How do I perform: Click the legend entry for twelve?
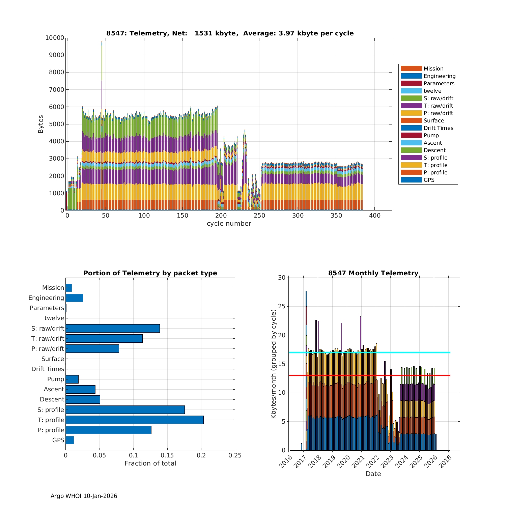432,91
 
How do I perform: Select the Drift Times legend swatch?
411,128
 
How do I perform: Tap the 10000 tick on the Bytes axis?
55,38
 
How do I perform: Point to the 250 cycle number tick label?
259,216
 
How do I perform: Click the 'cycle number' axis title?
229,224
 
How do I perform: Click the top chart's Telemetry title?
230,33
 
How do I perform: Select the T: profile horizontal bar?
135,420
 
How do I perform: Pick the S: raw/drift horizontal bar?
113,328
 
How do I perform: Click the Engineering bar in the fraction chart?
74,298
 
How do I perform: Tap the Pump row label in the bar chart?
56,379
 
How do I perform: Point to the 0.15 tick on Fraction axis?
167,455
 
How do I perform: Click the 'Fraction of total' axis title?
150,463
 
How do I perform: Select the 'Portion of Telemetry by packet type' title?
150,273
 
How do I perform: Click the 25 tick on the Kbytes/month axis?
282,306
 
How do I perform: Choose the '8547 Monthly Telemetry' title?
373,273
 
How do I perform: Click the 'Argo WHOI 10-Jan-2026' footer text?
84,496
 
